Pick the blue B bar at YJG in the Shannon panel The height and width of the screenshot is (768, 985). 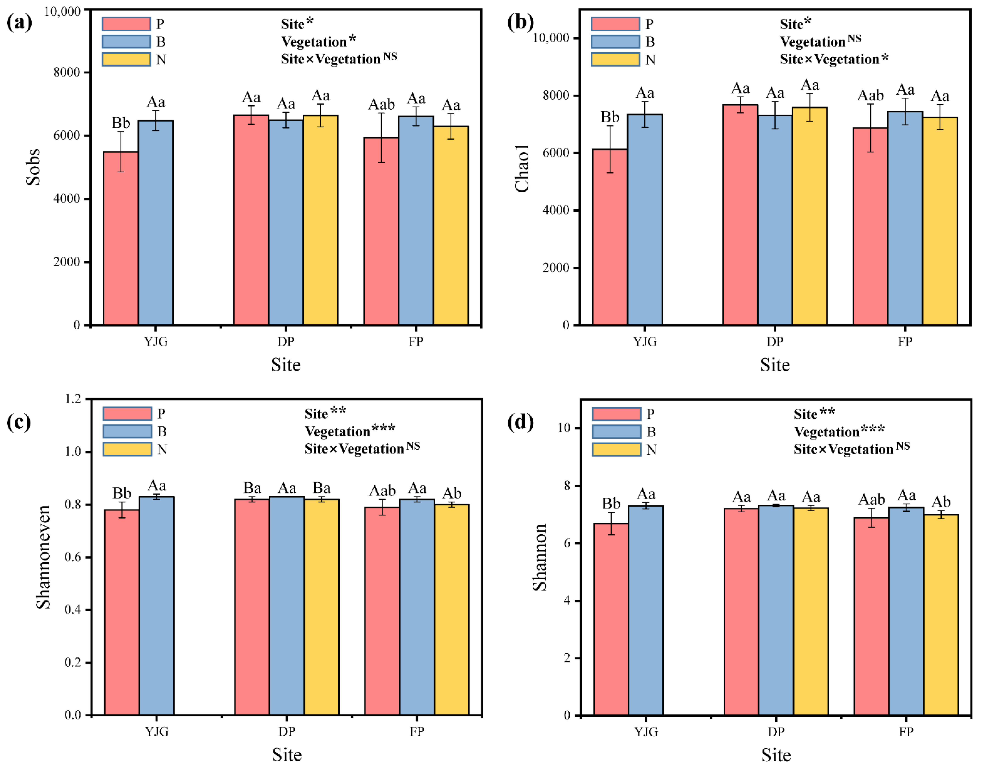click(646, 610)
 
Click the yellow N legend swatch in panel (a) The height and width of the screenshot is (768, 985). click(126, 59)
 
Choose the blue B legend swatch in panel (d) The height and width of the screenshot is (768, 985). click(616, 432)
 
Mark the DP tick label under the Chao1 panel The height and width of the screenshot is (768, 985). click(775, 341)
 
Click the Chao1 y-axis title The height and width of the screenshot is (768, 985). click(522, 168)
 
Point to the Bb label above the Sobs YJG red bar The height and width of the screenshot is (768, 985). click(121, 123)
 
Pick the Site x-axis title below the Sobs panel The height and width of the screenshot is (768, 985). click(286, 364)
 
